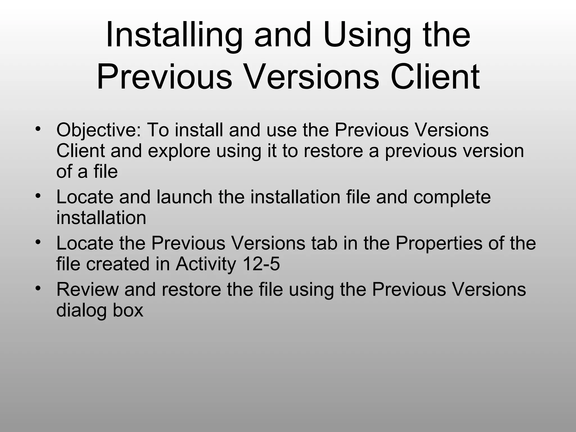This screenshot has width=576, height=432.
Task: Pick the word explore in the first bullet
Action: (179, 151)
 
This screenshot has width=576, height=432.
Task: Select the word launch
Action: (184, 197)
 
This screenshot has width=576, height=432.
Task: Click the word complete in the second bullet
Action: (452, 197)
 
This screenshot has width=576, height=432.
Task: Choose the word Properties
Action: (439, 244)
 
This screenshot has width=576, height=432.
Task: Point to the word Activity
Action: (206, 264)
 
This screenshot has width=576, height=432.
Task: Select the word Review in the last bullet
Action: (87, 289)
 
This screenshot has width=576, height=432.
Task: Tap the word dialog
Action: (81, 310)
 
